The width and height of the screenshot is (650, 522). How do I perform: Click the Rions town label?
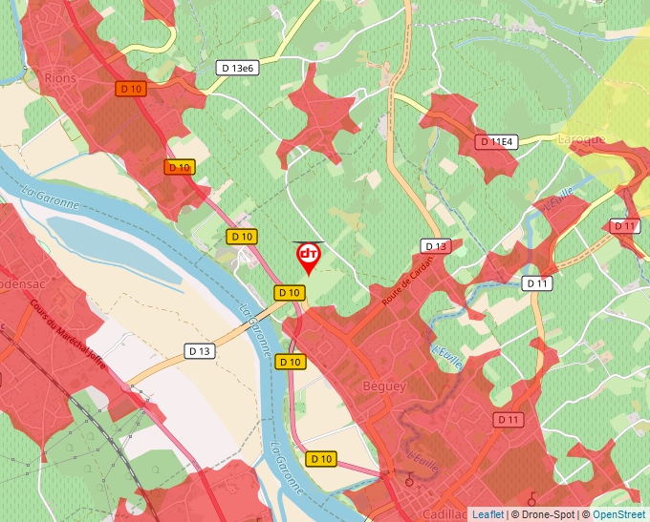[60, 77]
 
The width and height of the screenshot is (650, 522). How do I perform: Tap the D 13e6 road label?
[237, 68]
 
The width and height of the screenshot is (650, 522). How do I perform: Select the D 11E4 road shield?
[496, 142]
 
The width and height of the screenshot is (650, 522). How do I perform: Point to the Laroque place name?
[581, 139]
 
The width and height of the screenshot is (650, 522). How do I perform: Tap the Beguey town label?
[384, 386]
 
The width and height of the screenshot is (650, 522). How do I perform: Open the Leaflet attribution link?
[487, 514]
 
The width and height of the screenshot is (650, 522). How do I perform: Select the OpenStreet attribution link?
[620, 514]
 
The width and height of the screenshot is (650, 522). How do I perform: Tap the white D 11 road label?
[537, 283]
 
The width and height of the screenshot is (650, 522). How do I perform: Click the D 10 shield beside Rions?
[131, 89]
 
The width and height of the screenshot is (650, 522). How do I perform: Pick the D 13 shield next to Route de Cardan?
[435, 246]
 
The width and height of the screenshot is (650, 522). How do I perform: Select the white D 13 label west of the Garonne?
[200, 351]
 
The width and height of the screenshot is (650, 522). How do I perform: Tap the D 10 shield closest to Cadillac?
[321, 459]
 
